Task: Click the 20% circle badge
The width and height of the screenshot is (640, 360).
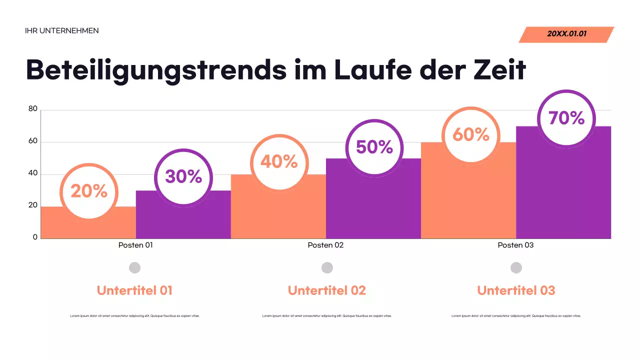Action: [89, 191]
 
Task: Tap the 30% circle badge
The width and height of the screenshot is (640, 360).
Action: [183, 176]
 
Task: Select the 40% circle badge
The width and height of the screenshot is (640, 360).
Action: [279, 162]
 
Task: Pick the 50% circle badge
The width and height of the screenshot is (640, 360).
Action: [374, 147]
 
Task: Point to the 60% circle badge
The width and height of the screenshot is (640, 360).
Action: [471, 134]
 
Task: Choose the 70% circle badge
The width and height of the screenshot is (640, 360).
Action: [566, 118]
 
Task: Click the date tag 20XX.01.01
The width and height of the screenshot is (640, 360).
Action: [566, 34]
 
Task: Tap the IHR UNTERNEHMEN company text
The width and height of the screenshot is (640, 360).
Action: [62, 31]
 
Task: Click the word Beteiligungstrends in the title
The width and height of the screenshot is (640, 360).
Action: [156, 70]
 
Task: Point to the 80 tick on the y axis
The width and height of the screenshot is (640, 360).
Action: [33, 109]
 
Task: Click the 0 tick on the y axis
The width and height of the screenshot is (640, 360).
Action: [35, 237]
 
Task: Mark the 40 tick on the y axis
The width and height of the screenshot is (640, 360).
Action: [33, 173]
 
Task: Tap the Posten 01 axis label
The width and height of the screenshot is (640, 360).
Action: [135, 245]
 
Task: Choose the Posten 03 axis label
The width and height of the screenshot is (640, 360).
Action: [515, 245]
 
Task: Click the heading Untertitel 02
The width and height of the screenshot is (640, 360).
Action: [327, 290]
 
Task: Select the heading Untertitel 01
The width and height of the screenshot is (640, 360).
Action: [134, 290]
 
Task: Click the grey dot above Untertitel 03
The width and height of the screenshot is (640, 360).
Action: [516, 268]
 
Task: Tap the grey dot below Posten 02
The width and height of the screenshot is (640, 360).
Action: [327, 268]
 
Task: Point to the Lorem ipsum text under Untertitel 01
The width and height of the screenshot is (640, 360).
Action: [134, 316]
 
